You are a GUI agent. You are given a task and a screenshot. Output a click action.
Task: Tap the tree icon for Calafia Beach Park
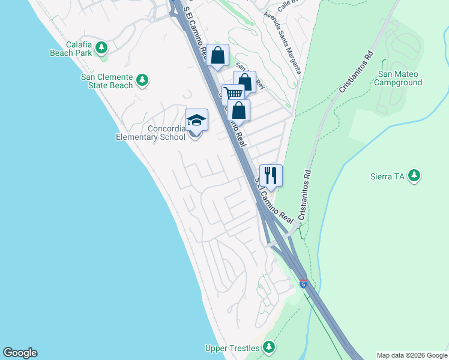pos(102,47)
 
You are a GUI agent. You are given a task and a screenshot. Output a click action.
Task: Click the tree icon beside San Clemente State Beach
pos(142,79)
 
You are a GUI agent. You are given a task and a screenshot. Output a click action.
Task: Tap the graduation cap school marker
pos(196,119)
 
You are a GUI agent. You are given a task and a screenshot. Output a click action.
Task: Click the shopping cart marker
pos(233,94)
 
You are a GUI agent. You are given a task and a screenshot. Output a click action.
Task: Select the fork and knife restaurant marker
pos(271,175)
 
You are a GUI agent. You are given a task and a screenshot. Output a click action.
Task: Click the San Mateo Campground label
pos(399,78)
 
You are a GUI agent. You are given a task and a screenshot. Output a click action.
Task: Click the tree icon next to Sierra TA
pos(414,175)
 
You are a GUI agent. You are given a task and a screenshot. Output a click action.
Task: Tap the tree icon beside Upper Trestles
pos(268,347)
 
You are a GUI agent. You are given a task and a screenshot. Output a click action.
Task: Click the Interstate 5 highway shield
pos(303,283)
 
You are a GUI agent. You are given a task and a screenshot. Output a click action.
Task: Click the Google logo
pos(20,353)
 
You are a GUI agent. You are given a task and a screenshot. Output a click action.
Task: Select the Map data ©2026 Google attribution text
pos(412,355)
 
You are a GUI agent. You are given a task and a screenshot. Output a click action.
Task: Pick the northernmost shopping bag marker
pos(218,55)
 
